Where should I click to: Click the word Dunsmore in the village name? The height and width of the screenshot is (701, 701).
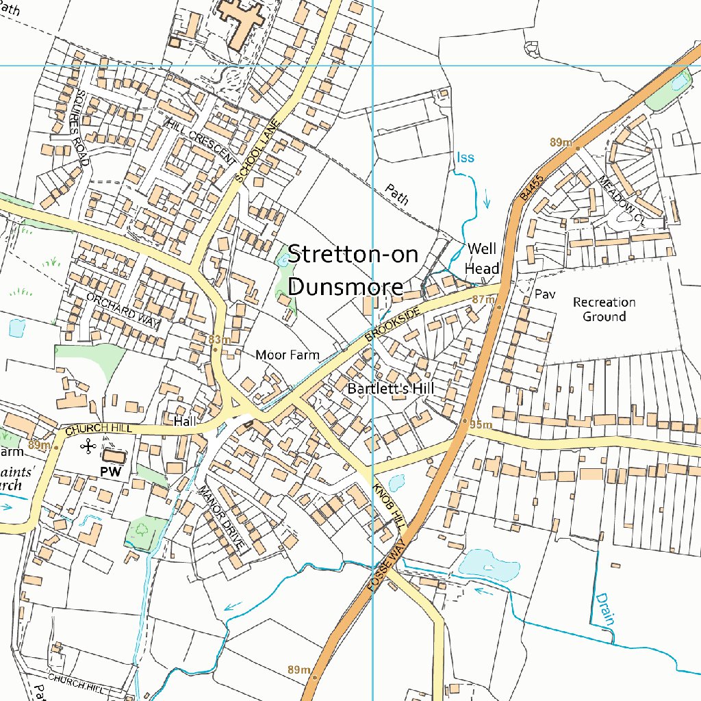point(345,285)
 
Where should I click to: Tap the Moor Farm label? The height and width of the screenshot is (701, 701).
point(287,355)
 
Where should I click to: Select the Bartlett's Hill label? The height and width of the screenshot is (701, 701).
point(391,389)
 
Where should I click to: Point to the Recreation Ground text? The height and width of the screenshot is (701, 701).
point(604,309)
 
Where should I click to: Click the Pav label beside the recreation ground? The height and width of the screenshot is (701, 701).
point(545,295)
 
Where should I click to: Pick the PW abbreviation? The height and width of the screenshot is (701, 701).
point(111,472)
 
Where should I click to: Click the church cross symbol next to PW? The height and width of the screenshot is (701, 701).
point(88,447)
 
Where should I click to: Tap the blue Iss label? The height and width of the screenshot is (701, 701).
point(466,158)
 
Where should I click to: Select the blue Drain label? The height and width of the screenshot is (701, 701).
point(605,609)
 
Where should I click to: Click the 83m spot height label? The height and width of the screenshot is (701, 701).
point(219,340)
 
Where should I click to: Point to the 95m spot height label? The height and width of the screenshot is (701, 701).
point(482,425)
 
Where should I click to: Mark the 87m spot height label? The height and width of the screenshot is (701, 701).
point(483,300)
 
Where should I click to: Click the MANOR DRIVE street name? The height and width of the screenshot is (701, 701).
point(221,517)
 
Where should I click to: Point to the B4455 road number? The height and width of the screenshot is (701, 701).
point(530,186)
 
